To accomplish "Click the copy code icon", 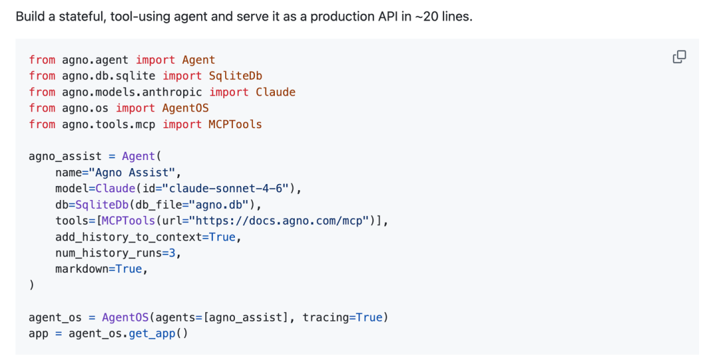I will click(x=679, y=57).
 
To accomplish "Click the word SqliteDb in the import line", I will click(x=236, y=76).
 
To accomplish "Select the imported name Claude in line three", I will click(x=276, y=92).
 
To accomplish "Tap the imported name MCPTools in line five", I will click(x=236, y=124).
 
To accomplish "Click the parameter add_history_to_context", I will click(x=129, y=236).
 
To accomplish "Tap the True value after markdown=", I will click(x=129, y=269).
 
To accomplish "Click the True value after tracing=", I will click(x=369, y=317).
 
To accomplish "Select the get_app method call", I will click(x=152, y=333).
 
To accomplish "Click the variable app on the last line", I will click(x=39, y=333).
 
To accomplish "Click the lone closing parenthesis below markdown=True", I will click(x=32, y=285).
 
